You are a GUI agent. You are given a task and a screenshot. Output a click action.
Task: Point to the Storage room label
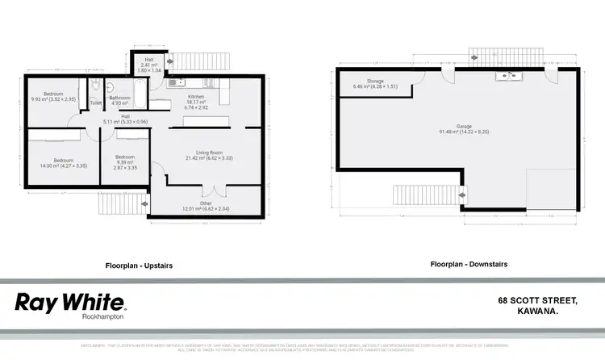[374, 82]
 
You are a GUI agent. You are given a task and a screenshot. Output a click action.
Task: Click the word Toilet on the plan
[95, 103]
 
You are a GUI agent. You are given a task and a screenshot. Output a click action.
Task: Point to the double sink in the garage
[506, 76]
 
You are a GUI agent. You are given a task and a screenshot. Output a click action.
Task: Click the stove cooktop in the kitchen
[209, 82]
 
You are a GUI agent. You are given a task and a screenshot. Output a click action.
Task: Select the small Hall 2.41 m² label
[149, 65]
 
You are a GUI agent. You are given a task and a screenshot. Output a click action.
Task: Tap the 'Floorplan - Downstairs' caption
[469, 264]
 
